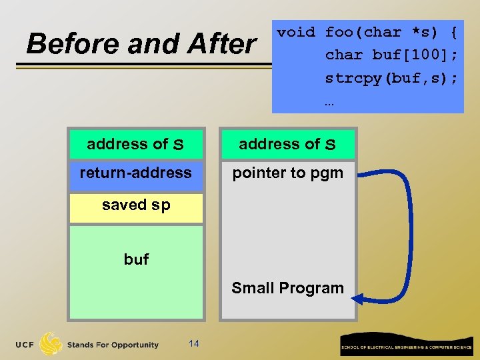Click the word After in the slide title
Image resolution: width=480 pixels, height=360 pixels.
221,45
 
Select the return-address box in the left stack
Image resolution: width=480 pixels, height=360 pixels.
136,173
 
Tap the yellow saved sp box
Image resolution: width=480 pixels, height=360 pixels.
136,206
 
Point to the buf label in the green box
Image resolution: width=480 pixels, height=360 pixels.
136,259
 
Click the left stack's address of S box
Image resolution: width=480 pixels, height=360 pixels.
136,144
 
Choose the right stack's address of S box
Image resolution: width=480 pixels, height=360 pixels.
287,144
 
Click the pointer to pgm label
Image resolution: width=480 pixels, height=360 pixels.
287,173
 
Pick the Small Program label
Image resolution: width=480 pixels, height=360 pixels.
287,288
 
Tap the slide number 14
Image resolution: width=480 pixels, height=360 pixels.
194,343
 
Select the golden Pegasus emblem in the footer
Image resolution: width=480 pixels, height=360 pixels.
51,343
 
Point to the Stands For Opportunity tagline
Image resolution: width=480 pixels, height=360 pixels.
113,345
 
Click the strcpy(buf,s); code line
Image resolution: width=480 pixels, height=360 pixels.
391,78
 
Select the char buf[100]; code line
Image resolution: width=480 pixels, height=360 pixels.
391,55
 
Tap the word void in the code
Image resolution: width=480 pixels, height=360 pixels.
297,32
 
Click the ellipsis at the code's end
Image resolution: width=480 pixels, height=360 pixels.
329,103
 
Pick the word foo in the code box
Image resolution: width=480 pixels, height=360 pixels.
341,32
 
